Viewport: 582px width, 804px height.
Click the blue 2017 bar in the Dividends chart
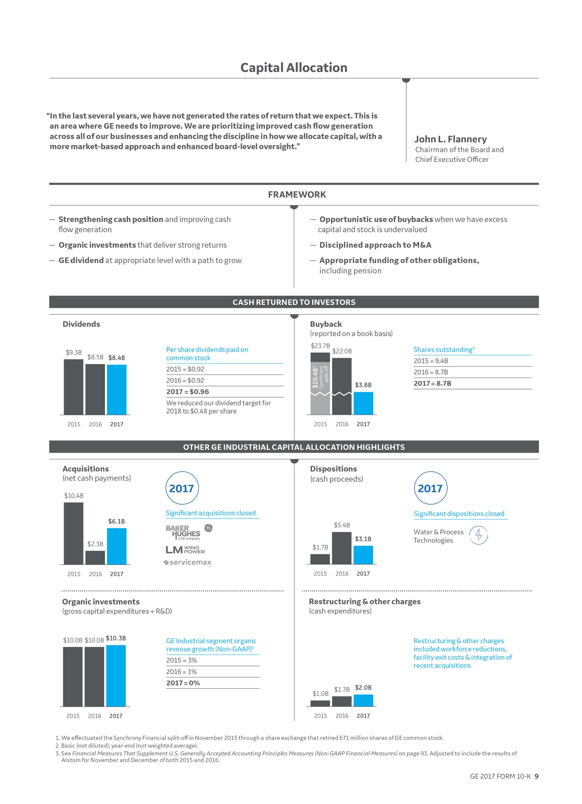click(x=116, y=389)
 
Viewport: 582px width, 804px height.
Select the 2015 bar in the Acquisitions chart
click(x=73, y=533)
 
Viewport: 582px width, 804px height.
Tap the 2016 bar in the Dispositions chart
click(x=342, y=548)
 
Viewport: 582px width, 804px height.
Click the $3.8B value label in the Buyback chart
click(x=363, y=385)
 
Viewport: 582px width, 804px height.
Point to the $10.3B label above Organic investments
click(x=116, y=638)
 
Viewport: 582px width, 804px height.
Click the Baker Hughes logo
click(x=183, y=533)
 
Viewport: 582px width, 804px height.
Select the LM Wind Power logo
click(x=185, y=550)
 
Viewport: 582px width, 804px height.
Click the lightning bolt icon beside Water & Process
click(x=479, y=535)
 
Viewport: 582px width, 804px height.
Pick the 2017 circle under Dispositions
click(x=430, y=488)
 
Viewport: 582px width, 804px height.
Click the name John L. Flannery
click(x=450, y=139)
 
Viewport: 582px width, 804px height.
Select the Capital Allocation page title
click(x=294, y=68)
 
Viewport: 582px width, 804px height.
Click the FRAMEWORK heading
click(x=297, y=195)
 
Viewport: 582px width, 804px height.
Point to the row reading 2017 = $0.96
click(x=188, y=392)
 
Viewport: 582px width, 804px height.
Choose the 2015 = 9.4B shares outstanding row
click(x=431, y=361)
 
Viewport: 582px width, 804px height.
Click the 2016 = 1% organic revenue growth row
click(x=182, y=671)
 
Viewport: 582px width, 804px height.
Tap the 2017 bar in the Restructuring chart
click(x=363, y=700)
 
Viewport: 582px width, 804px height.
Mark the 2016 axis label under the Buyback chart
click(x=342, y=424)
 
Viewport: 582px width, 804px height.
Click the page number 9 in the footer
click(x=536, y=776)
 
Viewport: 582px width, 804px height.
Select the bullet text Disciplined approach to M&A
click(x=375, y=245)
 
